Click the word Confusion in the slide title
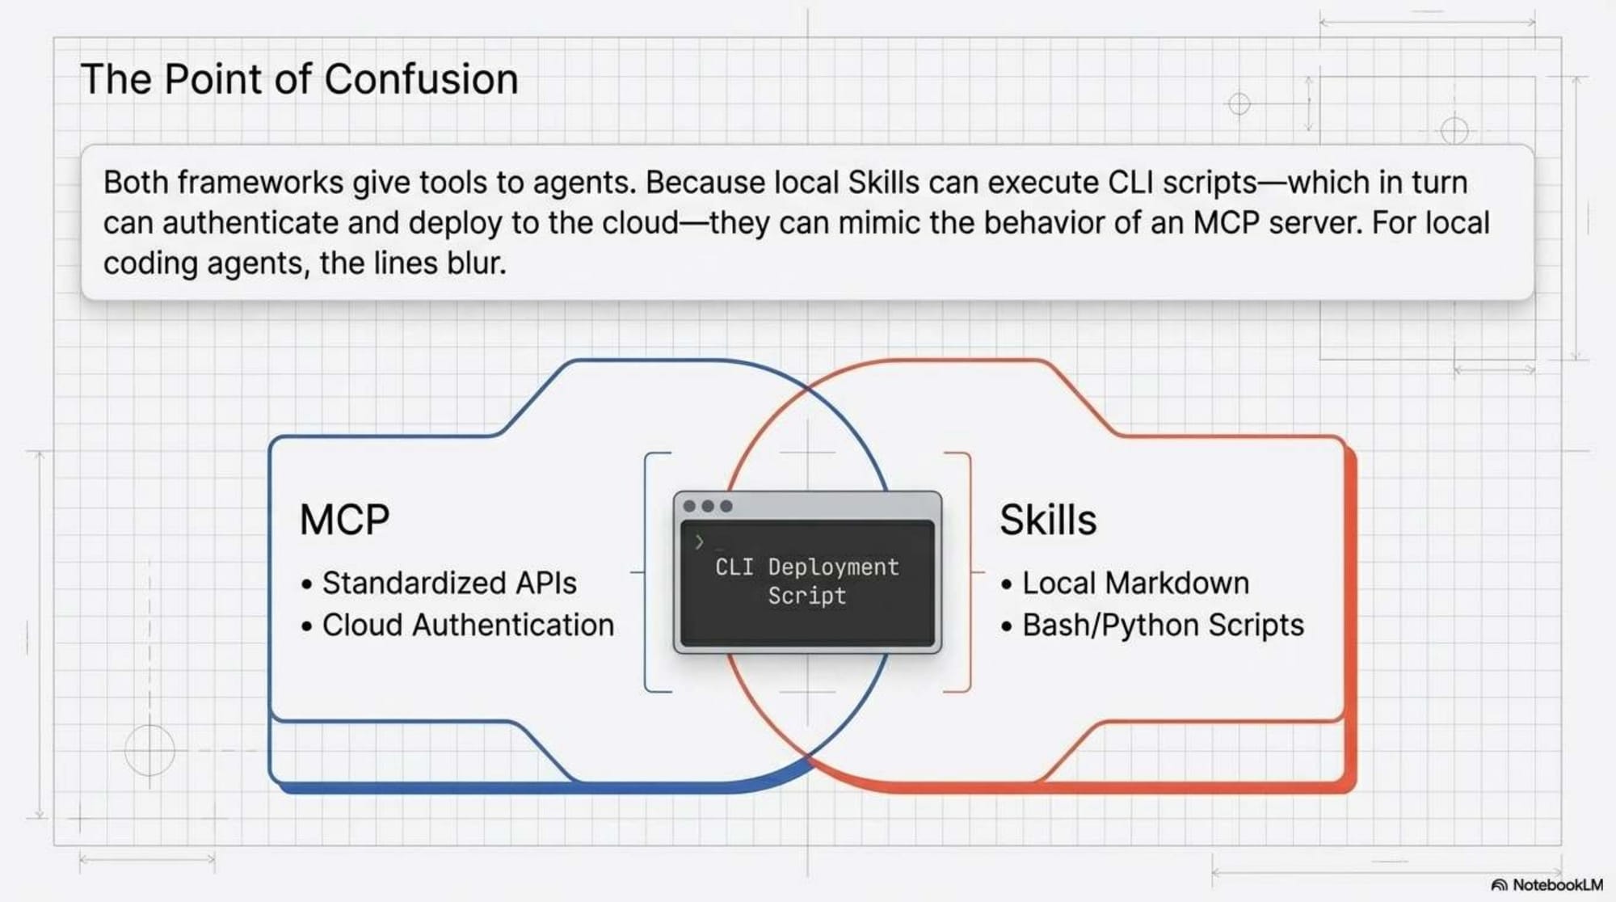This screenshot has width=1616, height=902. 421,79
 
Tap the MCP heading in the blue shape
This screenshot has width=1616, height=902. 344,520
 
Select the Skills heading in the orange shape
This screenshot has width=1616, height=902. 1048,520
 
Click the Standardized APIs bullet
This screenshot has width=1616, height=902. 449,584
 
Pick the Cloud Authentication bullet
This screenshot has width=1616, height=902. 468,626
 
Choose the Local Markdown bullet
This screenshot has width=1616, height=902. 1135,584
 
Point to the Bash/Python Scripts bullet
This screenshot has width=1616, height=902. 1163,626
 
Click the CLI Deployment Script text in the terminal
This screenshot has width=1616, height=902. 807,581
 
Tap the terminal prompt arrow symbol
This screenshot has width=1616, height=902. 700,542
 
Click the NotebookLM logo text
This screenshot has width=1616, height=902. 1556,885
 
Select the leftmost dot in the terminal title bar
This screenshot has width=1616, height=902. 689,506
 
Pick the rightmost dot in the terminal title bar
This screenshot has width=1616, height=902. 726,506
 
